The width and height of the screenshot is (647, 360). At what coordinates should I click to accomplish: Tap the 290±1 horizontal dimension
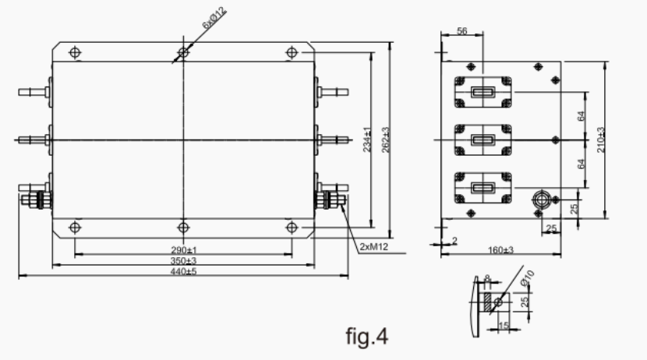click(x=183, y=249)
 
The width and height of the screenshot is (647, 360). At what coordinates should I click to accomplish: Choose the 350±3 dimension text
click(x=183, y=260)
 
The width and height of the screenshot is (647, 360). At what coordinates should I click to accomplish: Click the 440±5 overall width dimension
click(x=183, y=271)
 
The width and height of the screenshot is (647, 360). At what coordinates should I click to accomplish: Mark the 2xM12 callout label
click(x=374, y=247)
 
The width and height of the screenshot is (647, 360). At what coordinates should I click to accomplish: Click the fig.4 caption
click(x=366, y=336)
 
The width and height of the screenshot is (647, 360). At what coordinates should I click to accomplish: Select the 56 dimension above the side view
click(x=461, y=30)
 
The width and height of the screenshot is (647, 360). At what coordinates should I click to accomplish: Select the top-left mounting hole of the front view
click(x=75, y=52)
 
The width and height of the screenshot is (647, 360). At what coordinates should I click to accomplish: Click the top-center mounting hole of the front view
click(x=183, y=52)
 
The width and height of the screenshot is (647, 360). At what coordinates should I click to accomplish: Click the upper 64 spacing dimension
click(x=582, y=115)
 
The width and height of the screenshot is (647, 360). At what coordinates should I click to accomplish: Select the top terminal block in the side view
click(x=482, y=93)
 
